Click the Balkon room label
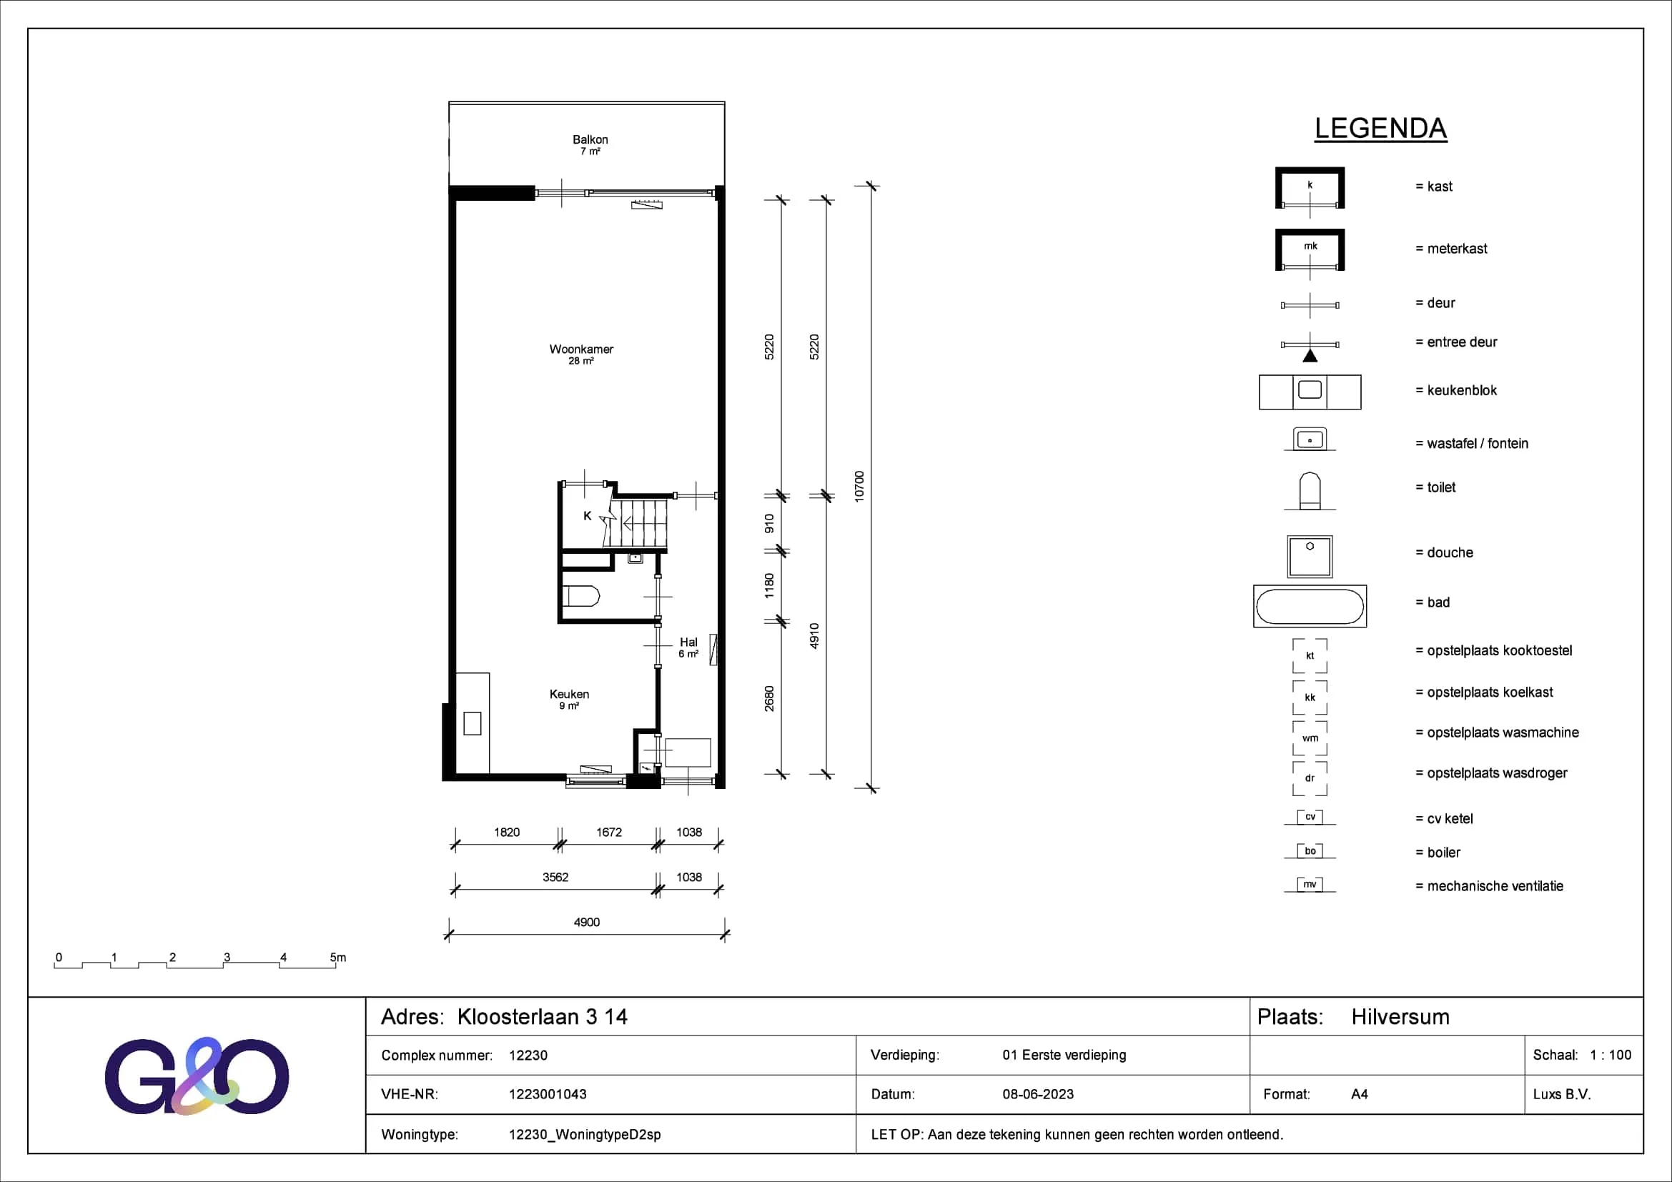point(590,140)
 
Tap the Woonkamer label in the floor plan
point(581,349)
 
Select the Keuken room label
point(570,695)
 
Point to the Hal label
point(688,642)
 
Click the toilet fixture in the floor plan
point(582,596)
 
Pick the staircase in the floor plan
point(638,523)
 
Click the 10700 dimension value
point(859,486)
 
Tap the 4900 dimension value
point(586,922)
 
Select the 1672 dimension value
point(609,832)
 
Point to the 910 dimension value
point(769,523)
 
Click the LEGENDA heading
point(1380,128)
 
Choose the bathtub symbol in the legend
point(1310,606)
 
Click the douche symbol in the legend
point(1310,557)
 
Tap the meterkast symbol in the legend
point(1310,250)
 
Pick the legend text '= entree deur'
point(1455,342)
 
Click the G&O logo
point(197,1076)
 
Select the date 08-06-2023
point(1038,1094)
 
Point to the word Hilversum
point(1400,1017)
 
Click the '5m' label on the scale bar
point(338,957)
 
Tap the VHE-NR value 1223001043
point(548,1094)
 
